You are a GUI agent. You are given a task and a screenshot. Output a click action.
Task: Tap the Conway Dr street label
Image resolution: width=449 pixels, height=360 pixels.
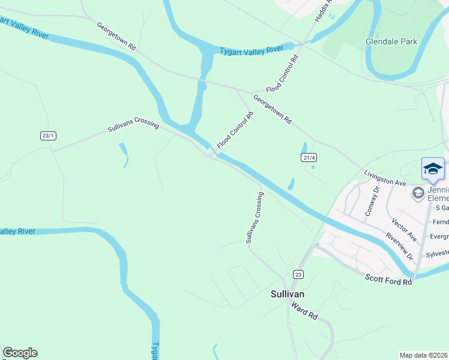point(372,201)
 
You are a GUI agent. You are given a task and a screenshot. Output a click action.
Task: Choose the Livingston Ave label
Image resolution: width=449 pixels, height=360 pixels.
point(385,178)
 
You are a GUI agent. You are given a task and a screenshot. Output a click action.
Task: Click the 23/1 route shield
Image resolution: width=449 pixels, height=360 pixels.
point(48,136)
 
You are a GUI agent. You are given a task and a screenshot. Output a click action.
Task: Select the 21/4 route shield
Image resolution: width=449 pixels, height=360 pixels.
point(309,157)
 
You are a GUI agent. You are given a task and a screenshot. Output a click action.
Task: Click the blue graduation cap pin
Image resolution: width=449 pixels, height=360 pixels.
point(433,169)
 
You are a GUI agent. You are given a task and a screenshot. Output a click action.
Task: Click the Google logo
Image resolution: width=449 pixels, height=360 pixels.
point(20,353)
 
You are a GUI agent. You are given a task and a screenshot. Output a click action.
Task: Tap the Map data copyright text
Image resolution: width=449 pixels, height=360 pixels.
point(424,355)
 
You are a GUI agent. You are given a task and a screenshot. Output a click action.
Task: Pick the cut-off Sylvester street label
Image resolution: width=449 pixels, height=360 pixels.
point(437,254)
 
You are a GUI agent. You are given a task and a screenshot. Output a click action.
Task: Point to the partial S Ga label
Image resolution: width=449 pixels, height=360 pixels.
point(442,208)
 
